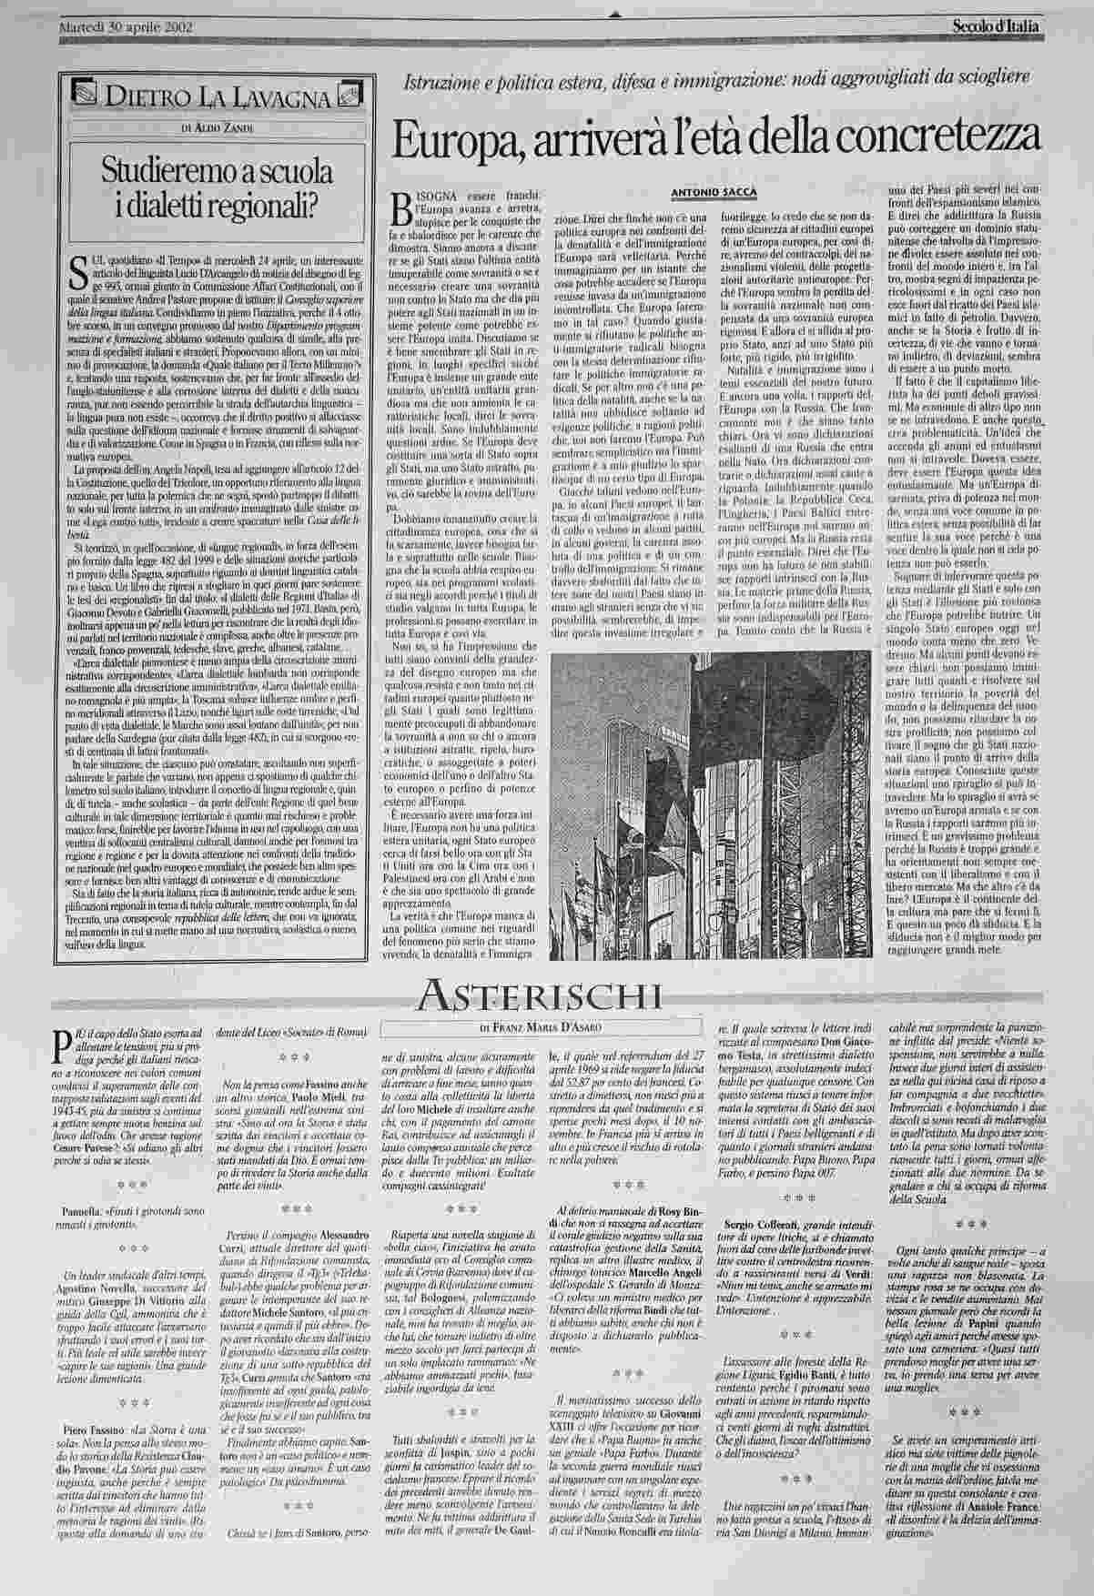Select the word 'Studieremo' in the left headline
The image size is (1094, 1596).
[x=173, y=170]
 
